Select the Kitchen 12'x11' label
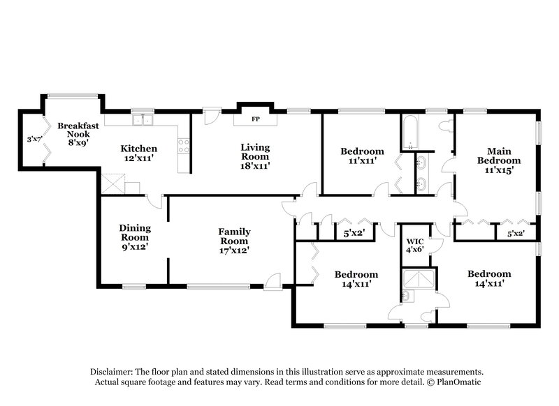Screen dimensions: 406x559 (138, 153)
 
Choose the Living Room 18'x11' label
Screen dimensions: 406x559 (255, 156)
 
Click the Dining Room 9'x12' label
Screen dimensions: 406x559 (134, 237)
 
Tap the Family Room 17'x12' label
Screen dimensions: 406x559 (234, 241)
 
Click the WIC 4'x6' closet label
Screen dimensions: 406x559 (414, 245)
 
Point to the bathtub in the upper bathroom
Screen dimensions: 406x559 (409, 132)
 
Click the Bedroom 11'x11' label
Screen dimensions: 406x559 (361, 156)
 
